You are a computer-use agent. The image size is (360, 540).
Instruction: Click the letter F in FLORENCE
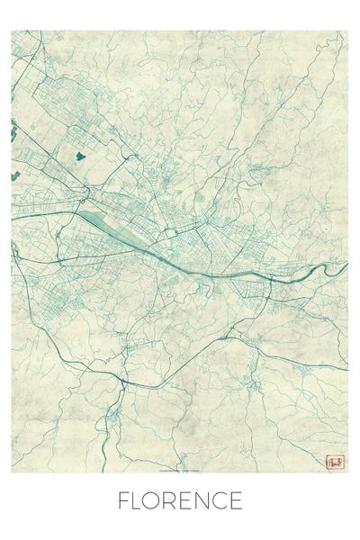click(124, 500)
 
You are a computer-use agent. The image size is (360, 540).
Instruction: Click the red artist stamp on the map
click(336, 461)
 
